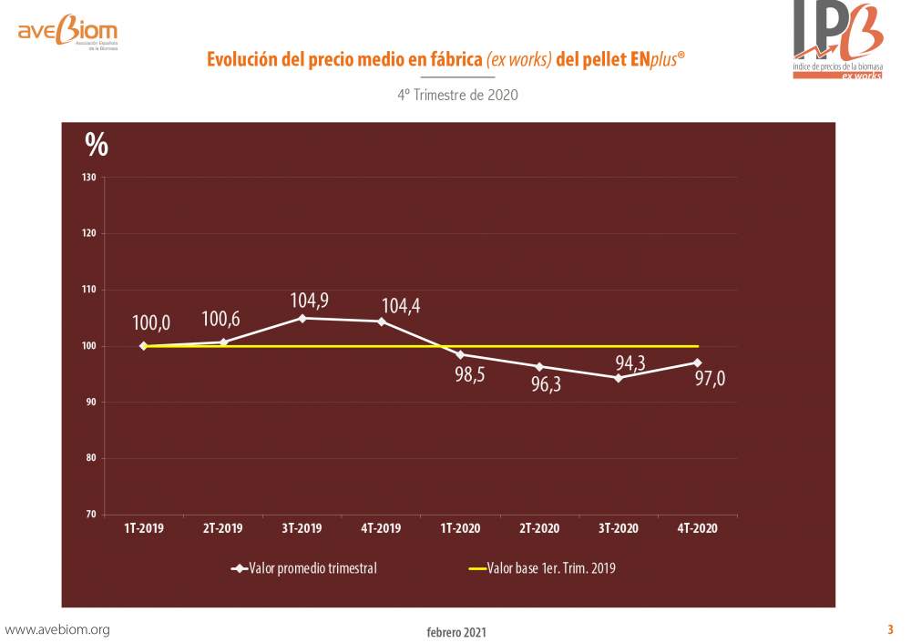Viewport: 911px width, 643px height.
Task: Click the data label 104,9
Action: click(309, 301)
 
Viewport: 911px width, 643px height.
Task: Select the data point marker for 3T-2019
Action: click(302, 318)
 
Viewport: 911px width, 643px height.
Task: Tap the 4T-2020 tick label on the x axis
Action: click(697, 528)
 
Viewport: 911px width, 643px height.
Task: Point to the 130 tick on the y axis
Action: click(89, 178)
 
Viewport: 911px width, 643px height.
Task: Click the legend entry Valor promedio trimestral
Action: click(304, 568)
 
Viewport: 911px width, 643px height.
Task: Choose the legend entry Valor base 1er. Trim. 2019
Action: click(542, 568)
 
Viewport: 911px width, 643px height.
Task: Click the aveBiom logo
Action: click(68, 31)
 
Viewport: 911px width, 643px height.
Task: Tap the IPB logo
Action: click(838, 39)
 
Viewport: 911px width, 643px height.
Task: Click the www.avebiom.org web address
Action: click(56, 629)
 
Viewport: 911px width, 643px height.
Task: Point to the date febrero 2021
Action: click(456, 632)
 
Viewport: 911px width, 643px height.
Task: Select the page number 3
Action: click(890, 629)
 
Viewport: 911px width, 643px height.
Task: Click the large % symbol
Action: click(97, 144)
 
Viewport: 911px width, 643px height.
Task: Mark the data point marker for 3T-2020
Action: click(619, 378)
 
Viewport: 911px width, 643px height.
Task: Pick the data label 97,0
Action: click(710, 379)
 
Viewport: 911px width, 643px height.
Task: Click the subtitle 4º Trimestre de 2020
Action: click(458, 95)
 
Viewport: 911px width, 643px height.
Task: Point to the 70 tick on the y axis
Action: click(90, 514)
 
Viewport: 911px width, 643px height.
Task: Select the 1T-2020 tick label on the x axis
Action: click(460, 528)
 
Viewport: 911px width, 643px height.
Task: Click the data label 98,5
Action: click(469, 374)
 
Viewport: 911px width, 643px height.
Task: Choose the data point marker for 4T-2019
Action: click(382, 321)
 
